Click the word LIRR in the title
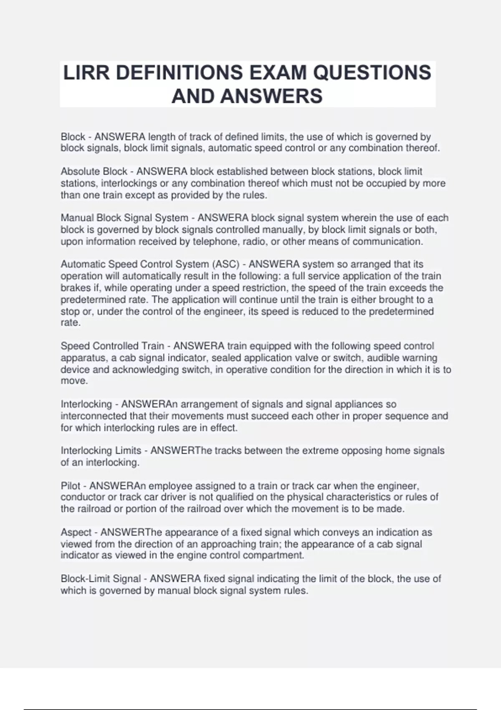click(86, 73)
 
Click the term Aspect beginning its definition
click(76, 532)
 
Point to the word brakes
click(74, 288)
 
